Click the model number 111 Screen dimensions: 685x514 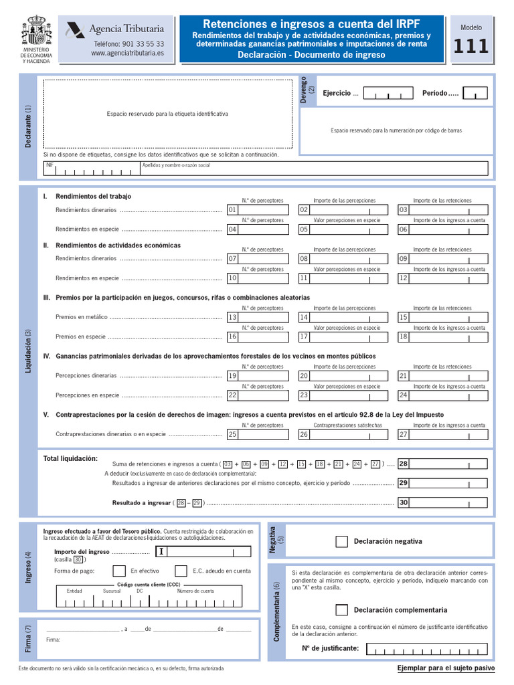(x=471, y=47)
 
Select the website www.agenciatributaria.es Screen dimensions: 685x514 (x=127, y=53)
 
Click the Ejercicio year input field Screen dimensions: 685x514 (x=388, y=94)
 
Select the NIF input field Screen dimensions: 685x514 (x=90, y=170)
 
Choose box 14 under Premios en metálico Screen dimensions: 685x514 (x=345, y=317)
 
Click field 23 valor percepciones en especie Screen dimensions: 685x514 (x=345, y=395)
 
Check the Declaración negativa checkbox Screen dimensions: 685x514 (x=341, y=542)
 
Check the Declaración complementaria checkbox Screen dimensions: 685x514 (x=341, y=610)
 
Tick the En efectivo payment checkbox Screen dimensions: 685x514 (x=119, y=571)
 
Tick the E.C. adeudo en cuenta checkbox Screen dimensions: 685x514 (x=181, y=571)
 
